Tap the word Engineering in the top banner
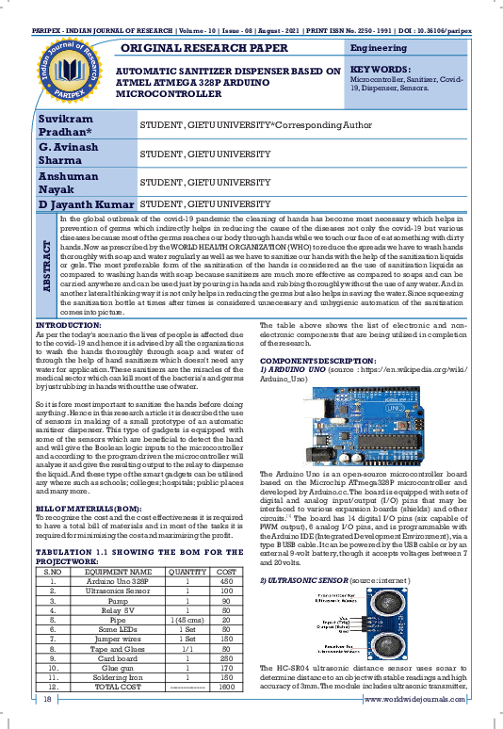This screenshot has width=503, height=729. [379, 48]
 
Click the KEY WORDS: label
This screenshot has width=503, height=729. [381, 71]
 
